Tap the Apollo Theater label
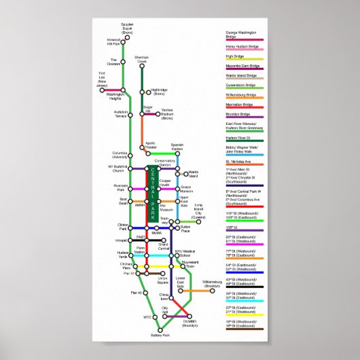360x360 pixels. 150,146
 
